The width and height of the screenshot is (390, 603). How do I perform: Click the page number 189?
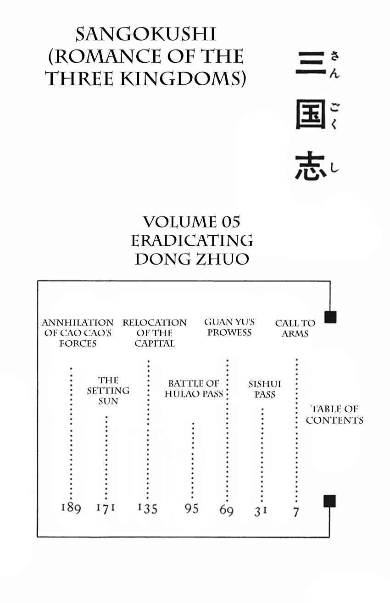coord(71,508)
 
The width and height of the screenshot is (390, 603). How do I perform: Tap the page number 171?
coord(106,508)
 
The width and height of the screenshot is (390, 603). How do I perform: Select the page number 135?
coord(147,508)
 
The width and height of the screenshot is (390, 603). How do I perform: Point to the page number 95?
coord(191,509)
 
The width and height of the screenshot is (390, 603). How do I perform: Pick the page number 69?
coord(226,510)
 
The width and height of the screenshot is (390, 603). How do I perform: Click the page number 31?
coord(261,511)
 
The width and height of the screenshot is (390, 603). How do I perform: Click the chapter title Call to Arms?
coord(295,328)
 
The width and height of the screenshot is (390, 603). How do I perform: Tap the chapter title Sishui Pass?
coord(265,389)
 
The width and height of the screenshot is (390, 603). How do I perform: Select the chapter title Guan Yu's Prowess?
coord(229,327)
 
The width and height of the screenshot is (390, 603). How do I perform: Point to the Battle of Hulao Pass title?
coord(194,388)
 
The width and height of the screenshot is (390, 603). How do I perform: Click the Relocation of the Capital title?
coord(155,333)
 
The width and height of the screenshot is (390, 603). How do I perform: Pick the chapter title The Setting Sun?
coord(108,391)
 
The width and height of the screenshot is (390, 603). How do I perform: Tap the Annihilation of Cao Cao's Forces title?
coord(78,333)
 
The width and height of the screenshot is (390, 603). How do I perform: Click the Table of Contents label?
coord(334,415)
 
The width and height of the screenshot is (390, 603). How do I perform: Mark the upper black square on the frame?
coord(330,317)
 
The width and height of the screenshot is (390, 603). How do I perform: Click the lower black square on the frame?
coord(330,501)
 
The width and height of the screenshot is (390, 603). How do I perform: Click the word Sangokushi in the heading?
coord(146,35)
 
